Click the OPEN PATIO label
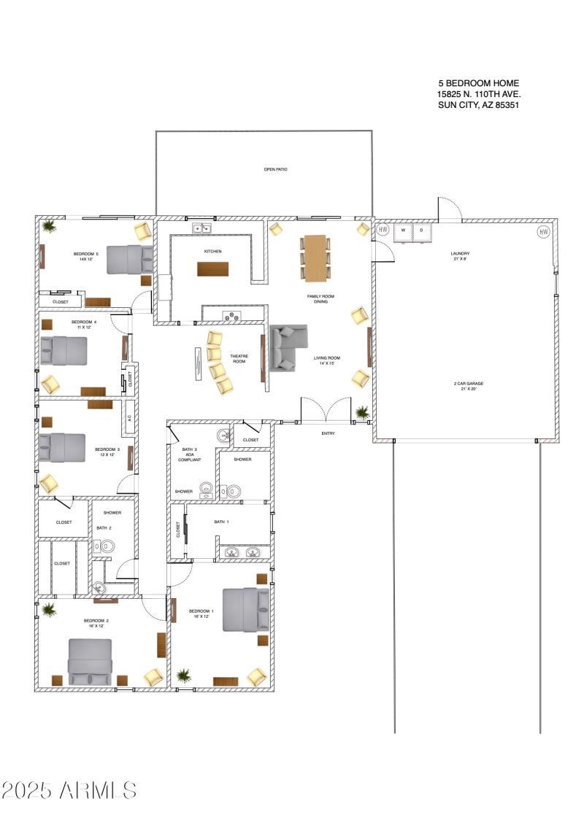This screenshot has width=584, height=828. click(x=275, y=169)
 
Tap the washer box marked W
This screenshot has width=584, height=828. click(x=403, y=231)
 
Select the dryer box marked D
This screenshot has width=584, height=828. click(x=421, y=231)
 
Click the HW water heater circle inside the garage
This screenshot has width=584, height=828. click(x=542, y=232)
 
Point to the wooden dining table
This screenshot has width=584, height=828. click(x=315, y=258)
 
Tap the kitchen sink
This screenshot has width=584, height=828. click(x=201, y=229)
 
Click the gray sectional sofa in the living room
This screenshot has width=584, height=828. click(x=287, y=348)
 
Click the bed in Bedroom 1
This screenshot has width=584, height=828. click(x=245, y=609)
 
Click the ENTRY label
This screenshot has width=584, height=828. click(x=328, y=433)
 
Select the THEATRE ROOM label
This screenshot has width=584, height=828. click(x=239, y=359)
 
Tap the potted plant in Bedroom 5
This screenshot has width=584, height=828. click(x=49, y=227)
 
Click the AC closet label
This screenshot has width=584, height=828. click(x=129, y=418)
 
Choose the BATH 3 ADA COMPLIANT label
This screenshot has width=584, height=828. click(x=189, y=454)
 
